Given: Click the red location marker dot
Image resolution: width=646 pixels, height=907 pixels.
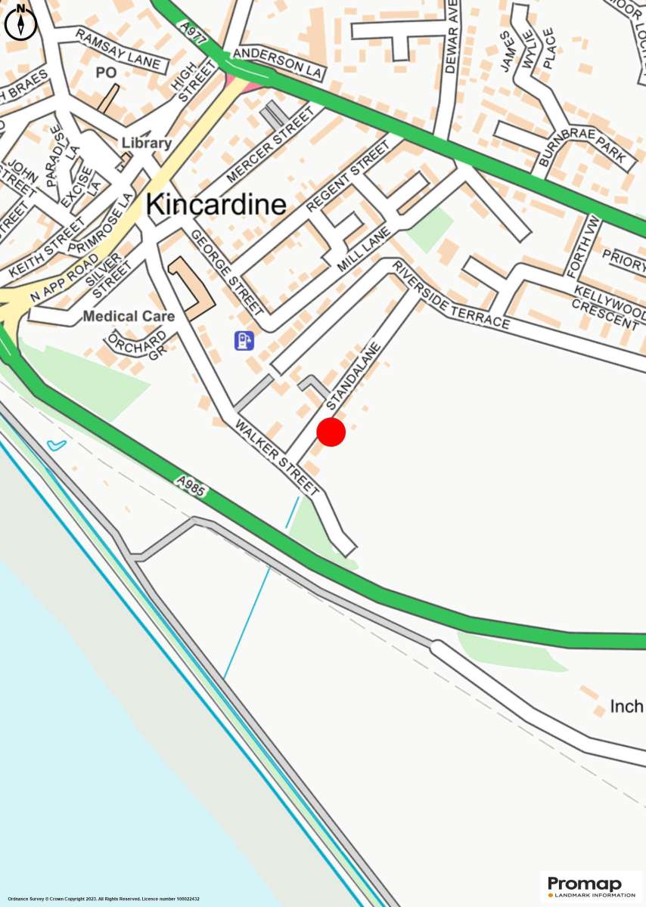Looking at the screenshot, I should (331, 432).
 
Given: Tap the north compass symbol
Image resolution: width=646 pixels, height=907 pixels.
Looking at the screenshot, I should (20, 20).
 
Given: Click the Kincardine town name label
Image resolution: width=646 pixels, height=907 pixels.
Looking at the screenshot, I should (216, 204).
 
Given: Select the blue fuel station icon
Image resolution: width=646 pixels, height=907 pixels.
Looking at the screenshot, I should (244, 341).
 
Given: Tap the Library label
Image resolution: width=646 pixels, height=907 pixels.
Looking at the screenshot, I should (147, 143).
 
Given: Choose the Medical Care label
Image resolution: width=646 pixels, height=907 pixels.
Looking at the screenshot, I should (129, 316).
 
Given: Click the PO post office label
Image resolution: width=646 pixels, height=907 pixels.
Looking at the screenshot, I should (104, 72).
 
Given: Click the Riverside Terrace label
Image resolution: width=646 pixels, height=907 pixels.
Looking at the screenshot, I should (451, 296).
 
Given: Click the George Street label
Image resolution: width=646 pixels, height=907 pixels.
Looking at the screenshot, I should (226, 271).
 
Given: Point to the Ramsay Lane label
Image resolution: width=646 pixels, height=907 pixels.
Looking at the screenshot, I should (118, 49).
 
